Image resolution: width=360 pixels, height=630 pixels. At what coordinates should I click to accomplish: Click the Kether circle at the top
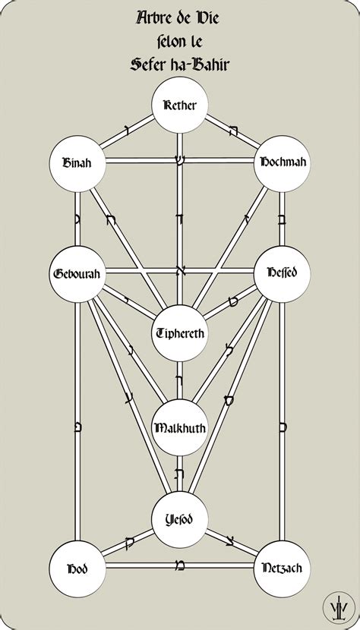(180, 106)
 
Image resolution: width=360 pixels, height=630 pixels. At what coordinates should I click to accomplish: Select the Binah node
(76, 162)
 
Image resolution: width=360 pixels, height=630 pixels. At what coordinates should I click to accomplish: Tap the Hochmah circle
(283, 162)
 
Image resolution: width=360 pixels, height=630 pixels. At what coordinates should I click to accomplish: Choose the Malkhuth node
(180, 427)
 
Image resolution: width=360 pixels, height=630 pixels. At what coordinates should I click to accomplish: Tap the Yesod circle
(180, 520)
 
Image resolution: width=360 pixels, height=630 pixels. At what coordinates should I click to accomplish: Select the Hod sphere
(76, 567)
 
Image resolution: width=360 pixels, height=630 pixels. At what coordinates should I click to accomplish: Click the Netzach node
(283, 567)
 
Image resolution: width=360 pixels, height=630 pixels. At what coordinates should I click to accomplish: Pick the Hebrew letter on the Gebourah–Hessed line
(180, 269)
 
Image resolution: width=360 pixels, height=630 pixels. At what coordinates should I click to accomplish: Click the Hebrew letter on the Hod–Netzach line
(180, 565)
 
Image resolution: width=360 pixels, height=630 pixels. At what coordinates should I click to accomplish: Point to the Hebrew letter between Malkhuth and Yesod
(180, 473)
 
